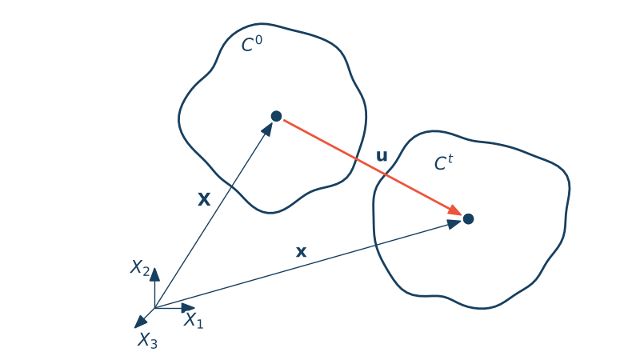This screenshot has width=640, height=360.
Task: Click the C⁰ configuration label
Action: coord(252,44)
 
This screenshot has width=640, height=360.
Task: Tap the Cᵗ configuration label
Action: coord(444,162)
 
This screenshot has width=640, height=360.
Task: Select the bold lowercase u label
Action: coord(382,156)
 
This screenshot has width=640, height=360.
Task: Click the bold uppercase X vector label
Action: coord(204,199)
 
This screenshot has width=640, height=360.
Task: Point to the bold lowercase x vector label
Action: coord(301,252)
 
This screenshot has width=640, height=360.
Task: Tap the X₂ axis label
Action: coord(140,268)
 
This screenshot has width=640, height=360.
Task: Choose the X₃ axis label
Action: coord(147,340)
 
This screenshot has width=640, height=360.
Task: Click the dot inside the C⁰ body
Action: coord(276,116)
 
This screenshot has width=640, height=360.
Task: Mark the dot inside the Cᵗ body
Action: coord(468,219)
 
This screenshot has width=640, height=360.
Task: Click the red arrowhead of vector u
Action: coord(455,210)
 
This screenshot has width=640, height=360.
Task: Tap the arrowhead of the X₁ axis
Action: coord(188,308)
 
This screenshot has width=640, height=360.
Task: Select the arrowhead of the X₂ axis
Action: coord(154,274)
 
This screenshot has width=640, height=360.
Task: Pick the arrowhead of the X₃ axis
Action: coord(141,322)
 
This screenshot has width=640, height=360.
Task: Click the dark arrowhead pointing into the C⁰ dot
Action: coord(267,130)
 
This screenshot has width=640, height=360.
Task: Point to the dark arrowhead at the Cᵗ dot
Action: coord(454,224)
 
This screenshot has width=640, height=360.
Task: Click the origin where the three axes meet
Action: coord(154,308)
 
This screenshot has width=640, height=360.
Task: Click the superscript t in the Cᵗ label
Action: coord(450,158)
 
